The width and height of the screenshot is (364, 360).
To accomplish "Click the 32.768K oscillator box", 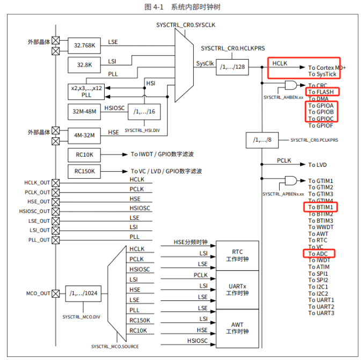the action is point(84,46).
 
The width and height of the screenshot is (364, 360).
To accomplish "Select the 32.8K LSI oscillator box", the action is point(84,65).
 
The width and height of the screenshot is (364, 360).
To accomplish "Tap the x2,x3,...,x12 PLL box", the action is point(86,92).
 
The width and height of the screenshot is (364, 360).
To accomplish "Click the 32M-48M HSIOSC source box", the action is point(84,112).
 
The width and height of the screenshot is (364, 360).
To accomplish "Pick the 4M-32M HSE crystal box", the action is point(84,136).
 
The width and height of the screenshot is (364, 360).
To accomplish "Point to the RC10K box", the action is point(84,155).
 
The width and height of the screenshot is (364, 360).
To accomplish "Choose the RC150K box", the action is point(84,172).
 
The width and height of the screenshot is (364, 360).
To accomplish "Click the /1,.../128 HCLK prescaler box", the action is point(232,67).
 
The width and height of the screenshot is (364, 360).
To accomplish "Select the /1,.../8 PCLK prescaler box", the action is point(263,140).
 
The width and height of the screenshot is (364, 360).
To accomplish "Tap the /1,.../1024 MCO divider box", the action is point(83,293).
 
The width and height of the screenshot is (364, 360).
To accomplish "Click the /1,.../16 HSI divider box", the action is point(144,112).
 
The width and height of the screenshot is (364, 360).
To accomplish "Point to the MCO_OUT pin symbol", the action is point(56,293).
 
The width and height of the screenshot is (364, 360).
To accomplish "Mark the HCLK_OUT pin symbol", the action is point(56,183).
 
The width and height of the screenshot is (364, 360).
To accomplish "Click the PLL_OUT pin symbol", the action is point(56,240).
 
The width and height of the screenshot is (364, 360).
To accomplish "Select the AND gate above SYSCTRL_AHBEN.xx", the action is point(291,85).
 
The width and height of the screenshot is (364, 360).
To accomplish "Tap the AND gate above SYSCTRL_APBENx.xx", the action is point(291,181).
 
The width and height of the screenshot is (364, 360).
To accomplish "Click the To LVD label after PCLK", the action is point(317,165).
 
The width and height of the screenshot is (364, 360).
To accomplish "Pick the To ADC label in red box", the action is point(318,254).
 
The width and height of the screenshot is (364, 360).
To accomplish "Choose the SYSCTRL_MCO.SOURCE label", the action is point(115,347).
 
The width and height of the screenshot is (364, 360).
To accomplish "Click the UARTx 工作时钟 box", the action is point(237,290).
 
